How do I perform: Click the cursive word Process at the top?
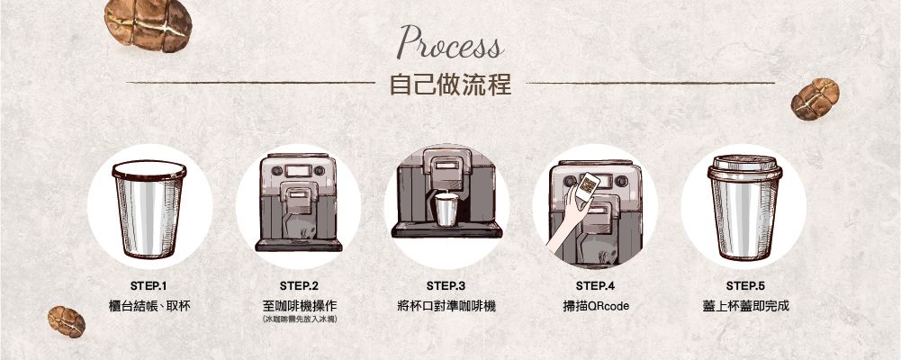[x=451, y=43]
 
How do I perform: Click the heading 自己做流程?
[x=450, y=85]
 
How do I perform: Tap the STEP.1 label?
[x=149, y=286]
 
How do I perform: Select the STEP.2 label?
[x=300, y=286]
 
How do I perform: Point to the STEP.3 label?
[x=446, y=286]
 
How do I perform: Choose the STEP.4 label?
[x=595, y=286]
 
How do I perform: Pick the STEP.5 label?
[x=745, y=286]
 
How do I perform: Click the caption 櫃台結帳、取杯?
[x=149, y=306]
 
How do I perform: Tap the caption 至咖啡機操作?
[x=300, y=306]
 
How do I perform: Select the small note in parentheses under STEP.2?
[x=300, y=320]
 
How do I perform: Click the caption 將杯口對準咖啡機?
[x=446, y=306]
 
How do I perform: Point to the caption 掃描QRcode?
[x=595, y=306]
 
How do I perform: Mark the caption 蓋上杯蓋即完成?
[x=745, y=306]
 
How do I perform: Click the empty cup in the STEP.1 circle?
[x=149, y=209]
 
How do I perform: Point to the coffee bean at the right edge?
[x=815, y=98]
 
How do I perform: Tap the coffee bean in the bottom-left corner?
[x=67, y=321]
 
